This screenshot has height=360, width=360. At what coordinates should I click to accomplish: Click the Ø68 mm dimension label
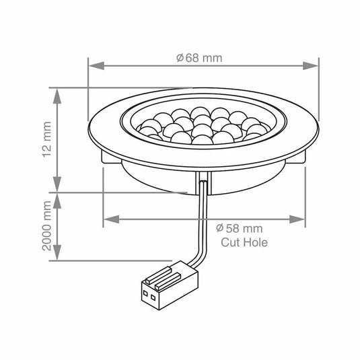click(199, 58)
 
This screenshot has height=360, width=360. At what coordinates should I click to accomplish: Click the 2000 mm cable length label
click(46, 225)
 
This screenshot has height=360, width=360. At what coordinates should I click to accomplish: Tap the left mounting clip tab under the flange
click(108, 157)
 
